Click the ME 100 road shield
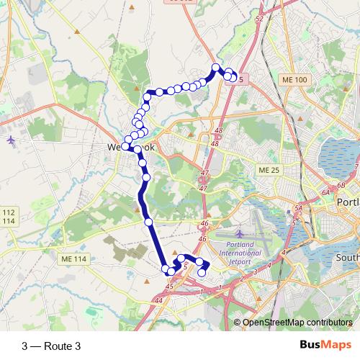(x=294, y=79)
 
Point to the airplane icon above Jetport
(x=239, y=233)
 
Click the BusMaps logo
(x=326, y=346)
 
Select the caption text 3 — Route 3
(x=52, y=346)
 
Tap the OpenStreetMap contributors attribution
(x=296, y=322)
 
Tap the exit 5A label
(x=298, y=208)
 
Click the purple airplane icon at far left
(x=9, y=139)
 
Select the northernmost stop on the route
(x=215, y=68)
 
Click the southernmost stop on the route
(x=202, y=272)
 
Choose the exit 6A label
(x=325, y=193)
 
